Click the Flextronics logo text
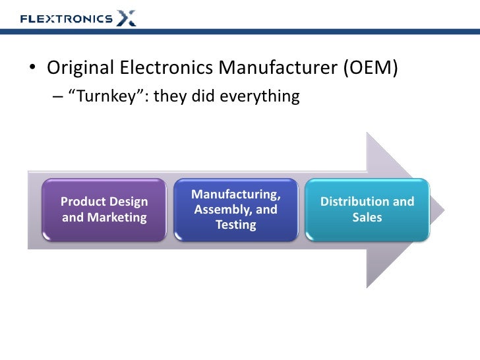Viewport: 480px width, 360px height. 66,18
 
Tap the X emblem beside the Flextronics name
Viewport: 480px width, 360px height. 127,17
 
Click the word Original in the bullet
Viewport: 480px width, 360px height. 81,68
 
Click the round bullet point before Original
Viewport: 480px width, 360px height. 32,69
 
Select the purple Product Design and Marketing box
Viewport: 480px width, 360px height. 104,209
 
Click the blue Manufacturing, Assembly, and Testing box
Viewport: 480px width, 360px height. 235,209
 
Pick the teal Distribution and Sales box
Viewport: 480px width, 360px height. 367,209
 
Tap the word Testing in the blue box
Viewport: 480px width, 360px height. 235,225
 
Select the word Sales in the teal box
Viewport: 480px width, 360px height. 367,217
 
